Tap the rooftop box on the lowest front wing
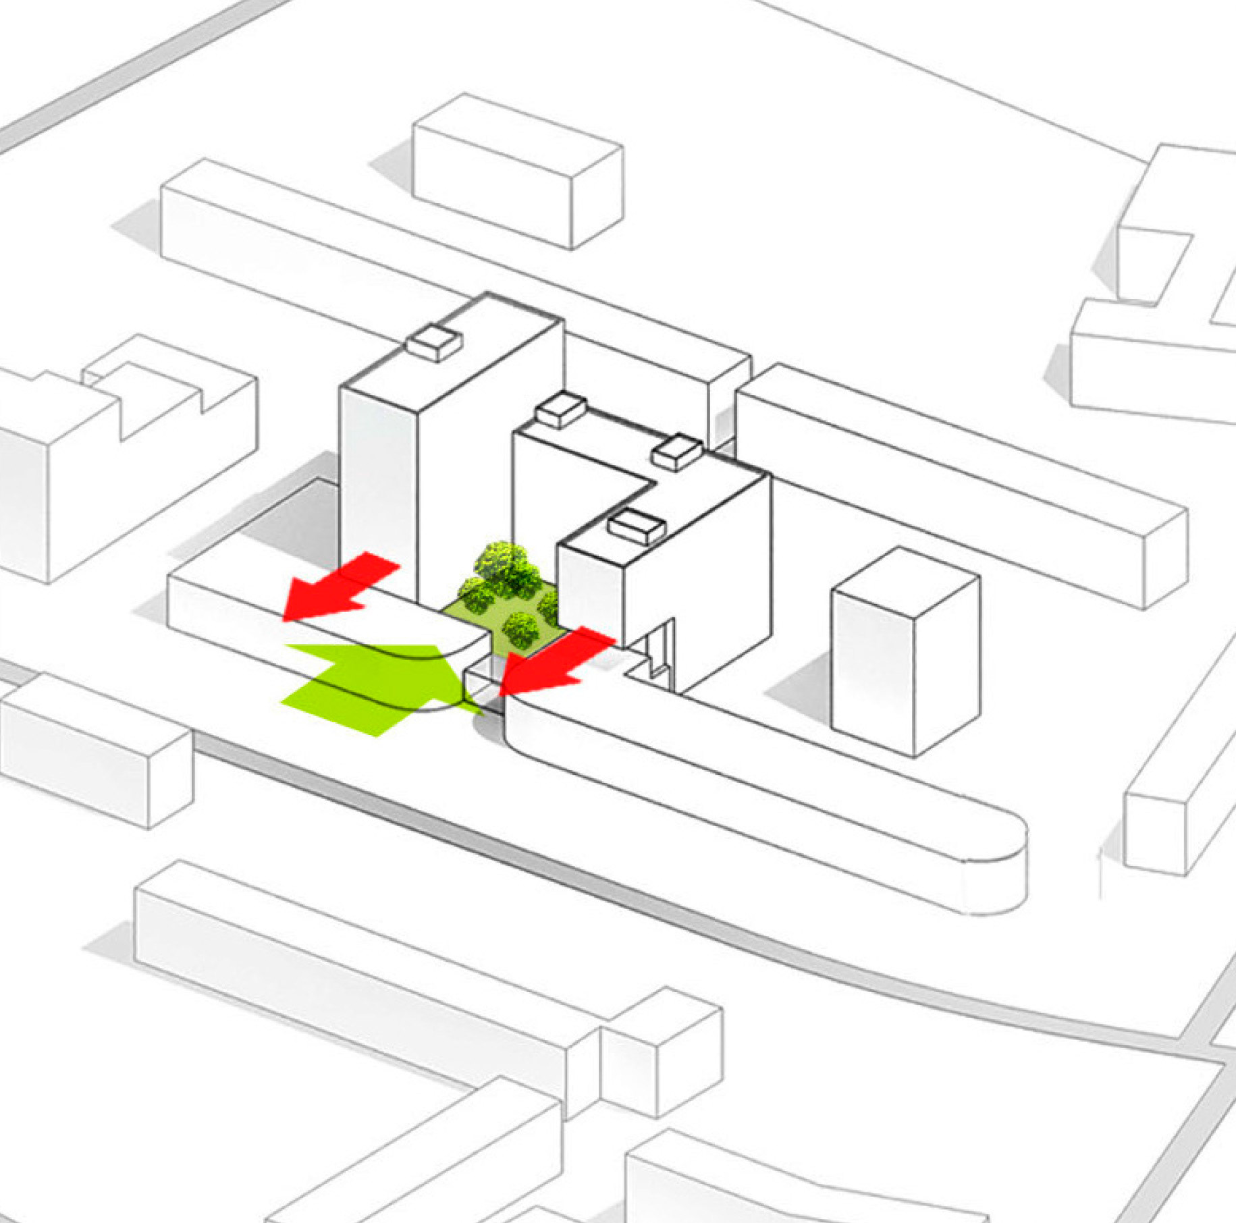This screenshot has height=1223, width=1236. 635,526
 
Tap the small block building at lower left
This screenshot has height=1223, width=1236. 95,749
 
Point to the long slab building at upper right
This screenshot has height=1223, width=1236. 959,486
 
